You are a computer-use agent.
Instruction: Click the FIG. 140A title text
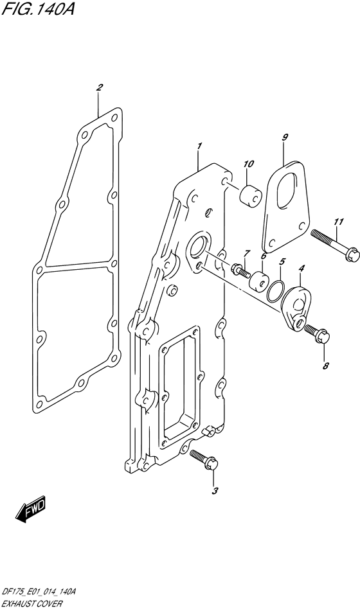37,9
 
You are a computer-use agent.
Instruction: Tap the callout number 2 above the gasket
99,87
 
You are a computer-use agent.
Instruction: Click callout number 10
248,164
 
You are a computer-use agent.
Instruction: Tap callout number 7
246,254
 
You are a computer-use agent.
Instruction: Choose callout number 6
264,256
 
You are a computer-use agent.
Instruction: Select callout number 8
326,366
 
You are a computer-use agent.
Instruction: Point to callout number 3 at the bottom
214,491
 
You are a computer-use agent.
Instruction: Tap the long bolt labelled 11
335,244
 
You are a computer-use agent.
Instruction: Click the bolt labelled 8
317,334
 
